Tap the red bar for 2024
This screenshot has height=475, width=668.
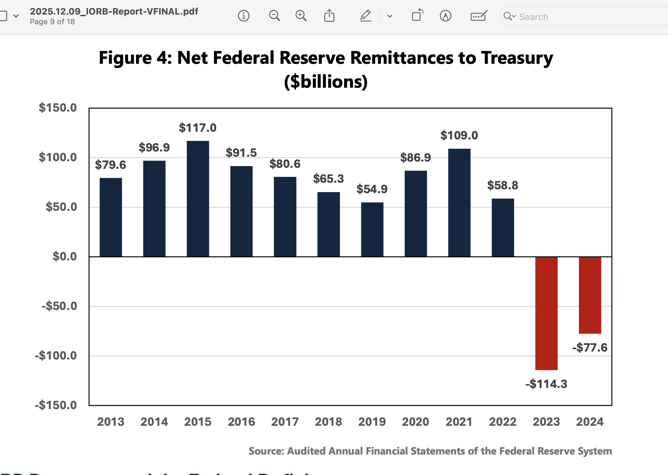click(x=590, y=295)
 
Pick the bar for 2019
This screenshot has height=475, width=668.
click(x=372, y=229)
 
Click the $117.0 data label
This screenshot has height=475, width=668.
click(x=197, y=128)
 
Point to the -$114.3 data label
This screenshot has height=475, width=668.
click(x=546, y=384)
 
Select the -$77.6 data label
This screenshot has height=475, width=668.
click(x=590, y=347)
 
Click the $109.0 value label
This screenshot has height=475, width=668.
click(x=459, y=135)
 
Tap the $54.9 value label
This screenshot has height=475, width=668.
click(x=372, y=189)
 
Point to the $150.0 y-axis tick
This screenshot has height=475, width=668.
click(x=58, y=108)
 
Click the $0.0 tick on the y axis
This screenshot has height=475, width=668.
click(x=65, y=257)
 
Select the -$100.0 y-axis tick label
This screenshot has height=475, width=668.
click(x=55, y=356)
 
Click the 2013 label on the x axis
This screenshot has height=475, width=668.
click(x=111, y=422)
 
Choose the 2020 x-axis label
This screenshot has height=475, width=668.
click(x=416, y=422)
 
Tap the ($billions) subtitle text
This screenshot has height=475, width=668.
click(x=326, y=82)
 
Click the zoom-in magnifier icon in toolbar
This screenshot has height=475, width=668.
click(x=301, y=16)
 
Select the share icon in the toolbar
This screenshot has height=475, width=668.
click(x=329, y=16)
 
